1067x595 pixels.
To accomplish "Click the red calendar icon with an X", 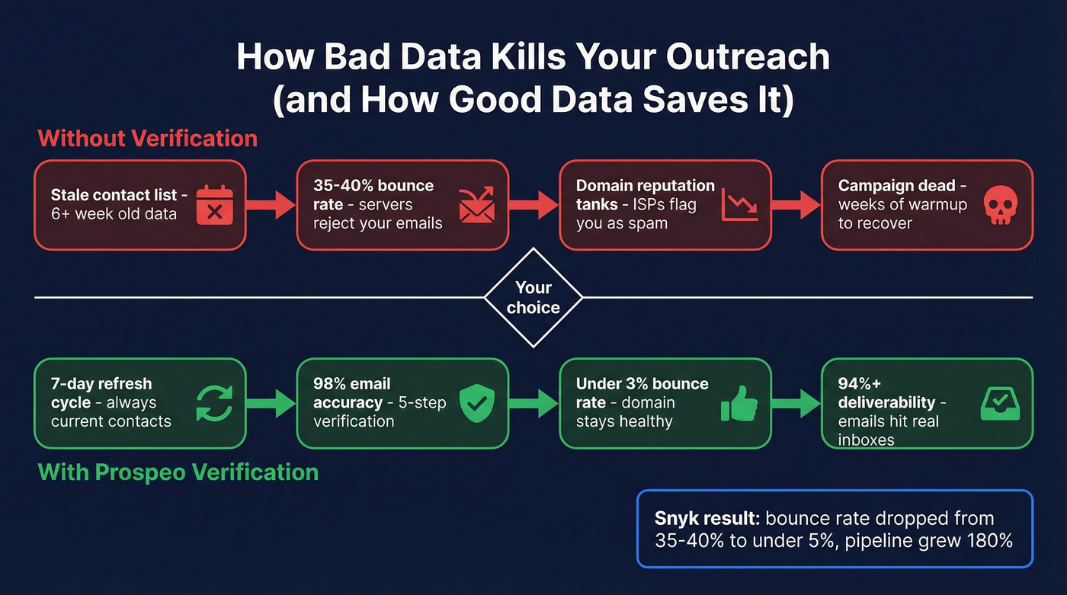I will pyautogui.click(x=215, y=205).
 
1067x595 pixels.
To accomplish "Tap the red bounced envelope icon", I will pyautogui.click(x=477, y=205).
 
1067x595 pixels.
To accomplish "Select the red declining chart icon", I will pyautogui.click(x=739, y=205).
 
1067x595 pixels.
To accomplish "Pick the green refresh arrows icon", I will pyautogui.click(x=215, y=403).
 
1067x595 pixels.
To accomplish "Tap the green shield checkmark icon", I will pyautogui.click(x=477, y=403).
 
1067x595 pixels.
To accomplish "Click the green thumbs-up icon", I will pyautogui.click(x=739, y=403).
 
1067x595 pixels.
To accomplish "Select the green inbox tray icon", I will pyautogui.click(x=999, y=404).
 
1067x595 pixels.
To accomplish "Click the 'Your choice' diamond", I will pyautogui.click(x=533, y=297).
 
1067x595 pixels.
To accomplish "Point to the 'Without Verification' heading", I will pyautogui.click(x=147, y=139).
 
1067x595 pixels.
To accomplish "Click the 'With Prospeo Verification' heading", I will pyautogui.click(x=178, y=472).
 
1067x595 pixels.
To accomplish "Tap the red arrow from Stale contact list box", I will pyautogui.click(x=271, y=205).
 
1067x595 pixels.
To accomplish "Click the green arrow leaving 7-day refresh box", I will pyautogui.click(x=271, y=403).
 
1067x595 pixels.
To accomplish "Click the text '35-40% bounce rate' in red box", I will pyautogui.click(x=373, y=195).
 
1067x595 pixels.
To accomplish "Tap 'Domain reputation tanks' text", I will pyautogui.click(x=645, y=195).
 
